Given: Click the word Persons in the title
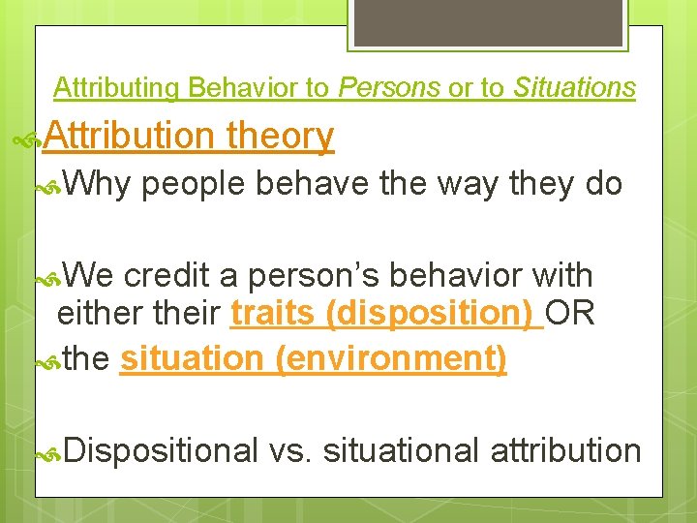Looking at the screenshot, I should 389,88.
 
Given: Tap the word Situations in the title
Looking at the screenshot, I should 574,88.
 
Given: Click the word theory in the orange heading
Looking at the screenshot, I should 280,137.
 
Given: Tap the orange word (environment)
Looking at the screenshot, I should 390,358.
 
